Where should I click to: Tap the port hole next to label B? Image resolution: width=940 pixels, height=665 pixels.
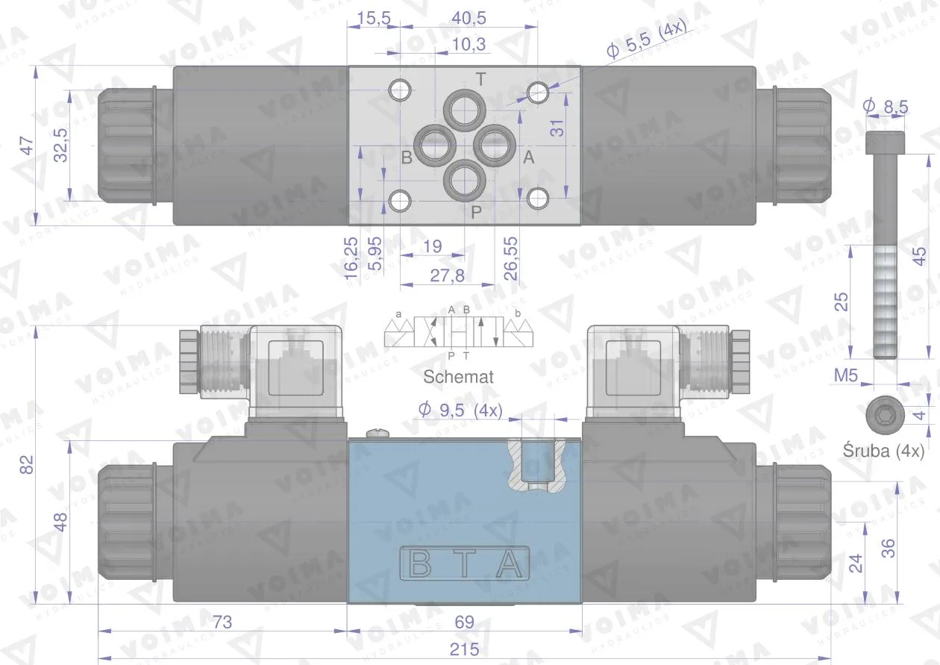pyautogui.click(x=433, y=144)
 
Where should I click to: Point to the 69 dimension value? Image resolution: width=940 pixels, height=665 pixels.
pyautogui.click(x=464, y=621)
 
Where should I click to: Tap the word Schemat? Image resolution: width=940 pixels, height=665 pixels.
pyautogui.click(x=458, y=377)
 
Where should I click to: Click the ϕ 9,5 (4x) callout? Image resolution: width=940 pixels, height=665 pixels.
pyautogui.click(x=460, y=410)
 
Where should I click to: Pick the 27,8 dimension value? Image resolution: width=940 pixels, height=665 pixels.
pyautogui.click(x=448, y=275)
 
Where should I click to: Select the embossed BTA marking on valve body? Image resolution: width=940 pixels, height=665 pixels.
pyautogui.click(x=464, y=565)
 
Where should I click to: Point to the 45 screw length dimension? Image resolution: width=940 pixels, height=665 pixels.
pyautogui.click(x=921, y=255)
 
